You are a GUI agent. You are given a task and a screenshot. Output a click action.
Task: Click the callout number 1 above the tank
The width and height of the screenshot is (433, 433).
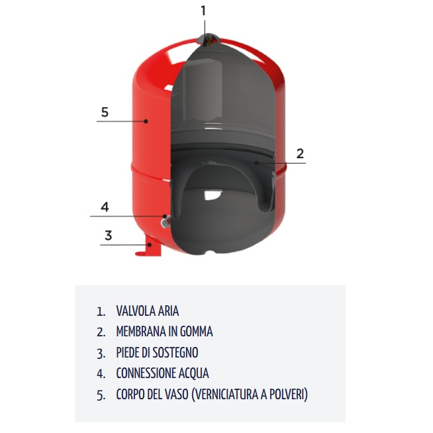[203, 11]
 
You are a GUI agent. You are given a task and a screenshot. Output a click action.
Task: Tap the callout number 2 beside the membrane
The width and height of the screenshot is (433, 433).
[300, 154]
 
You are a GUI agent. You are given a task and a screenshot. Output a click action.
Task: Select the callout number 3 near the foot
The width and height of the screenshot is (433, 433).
[109, 235]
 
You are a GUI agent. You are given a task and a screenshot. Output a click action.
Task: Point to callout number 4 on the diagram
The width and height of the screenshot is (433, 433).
[105, 207]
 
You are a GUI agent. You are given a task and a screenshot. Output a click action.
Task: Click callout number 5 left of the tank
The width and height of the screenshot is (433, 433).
[105, 112]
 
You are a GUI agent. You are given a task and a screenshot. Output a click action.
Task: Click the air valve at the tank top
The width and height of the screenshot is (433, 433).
[209, 40]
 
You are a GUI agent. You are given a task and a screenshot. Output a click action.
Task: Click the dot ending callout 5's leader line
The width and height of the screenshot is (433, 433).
[146, 121]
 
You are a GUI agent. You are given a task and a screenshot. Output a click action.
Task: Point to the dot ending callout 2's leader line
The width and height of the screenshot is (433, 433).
[257, 163]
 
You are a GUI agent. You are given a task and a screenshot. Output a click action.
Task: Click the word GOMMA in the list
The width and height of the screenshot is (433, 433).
[196, 332]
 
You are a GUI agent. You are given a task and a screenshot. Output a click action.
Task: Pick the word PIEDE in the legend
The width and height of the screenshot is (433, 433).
[128, 352]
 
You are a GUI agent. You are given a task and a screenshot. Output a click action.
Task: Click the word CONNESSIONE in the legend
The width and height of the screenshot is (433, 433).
[146, 373]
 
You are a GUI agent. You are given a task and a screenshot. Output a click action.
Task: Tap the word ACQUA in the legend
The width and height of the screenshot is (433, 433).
[193, 373]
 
